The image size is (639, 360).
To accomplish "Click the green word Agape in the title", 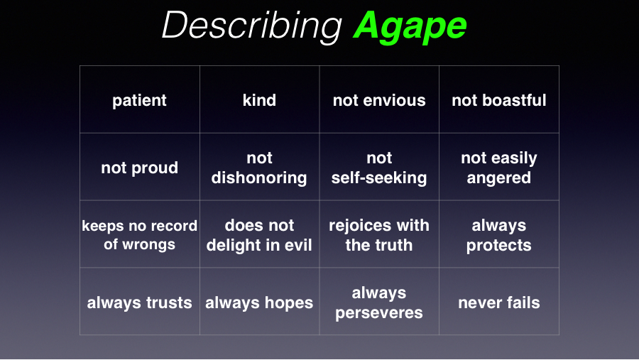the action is (410, 26).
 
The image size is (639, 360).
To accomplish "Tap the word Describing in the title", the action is (252, 26).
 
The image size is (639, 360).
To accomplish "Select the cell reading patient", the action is (139, 100).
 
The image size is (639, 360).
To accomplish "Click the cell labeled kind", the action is (260, 100).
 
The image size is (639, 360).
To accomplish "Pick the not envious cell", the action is (379, 100).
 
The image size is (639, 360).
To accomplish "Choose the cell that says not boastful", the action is (499, 100).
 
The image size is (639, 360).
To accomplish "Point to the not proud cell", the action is (139, 167).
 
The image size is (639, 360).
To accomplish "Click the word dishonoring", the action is (259, 178).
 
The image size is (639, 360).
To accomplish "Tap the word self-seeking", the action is (379, 178).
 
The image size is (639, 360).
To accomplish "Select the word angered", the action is (499, 178).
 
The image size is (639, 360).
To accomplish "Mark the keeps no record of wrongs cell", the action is (139, 234).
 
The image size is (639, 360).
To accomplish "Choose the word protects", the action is (499, 246).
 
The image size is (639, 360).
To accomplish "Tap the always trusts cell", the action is (139, 302).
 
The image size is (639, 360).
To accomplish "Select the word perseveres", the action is (379, 312).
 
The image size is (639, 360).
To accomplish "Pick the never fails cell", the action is (499, 302).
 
